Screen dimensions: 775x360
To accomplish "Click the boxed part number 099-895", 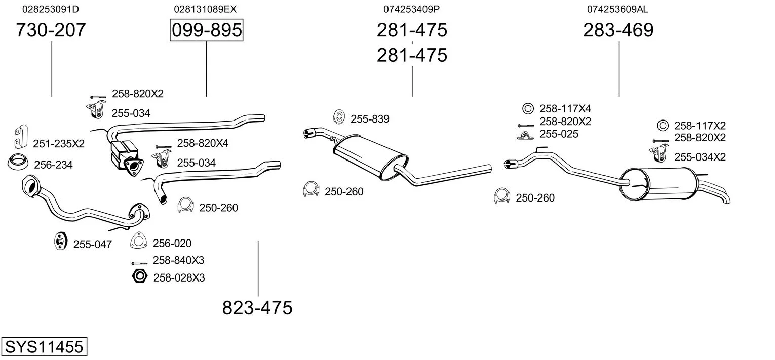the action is [x=207, y=30].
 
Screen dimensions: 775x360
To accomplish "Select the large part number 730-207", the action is [x=51, y=30].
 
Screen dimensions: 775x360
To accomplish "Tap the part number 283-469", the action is [x=618, y=30].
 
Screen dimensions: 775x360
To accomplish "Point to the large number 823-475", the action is [x=257, y=307].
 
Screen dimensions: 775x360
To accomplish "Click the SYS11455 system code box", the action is [x=44, y=346].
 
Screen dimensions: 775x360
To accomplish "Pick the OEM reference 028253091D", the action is [x=51, y=9].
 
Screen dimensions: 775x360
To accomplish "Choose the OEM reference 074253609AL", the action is [x=617, y=9].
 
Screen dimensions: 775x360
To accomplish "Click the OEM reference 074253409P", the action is [x=411, y=9].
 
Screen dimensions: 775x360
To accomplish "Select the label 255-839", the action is [x=370, y=119].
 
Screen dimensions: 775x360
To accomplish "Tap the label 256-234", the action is [x=53, y=165].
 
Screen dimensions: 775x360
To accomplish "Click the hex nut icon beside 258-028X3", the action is [x=140, y=276].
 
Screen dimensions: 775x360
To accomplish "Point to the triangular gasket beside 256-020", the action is [x=138, y=241].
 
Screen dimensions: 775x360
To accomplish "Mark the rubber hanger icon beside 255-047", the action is [x=61, y=242].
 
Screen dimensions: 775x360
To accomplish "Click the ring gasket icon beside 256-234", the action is [x=18, y=162].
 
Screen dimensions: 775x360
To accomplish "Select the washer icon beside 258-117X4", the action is [x=528, y=108].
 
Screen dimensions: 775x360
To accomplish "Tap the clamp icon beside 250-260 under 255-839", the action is [x=311, y=189].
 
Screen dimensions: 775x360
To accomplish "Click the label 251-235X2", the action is [x=59, y=143].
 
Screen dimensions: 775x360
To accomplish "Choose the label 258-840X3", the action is [x=178, y=260].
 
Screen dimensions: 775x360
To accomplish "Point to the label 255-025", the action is [x=559, y=134].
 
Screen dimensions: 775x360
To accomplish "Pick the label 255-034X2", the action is [x=700, y=157].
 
